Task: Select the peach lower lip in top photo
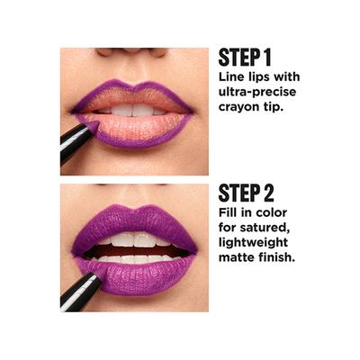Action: [x=135, y=129]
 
